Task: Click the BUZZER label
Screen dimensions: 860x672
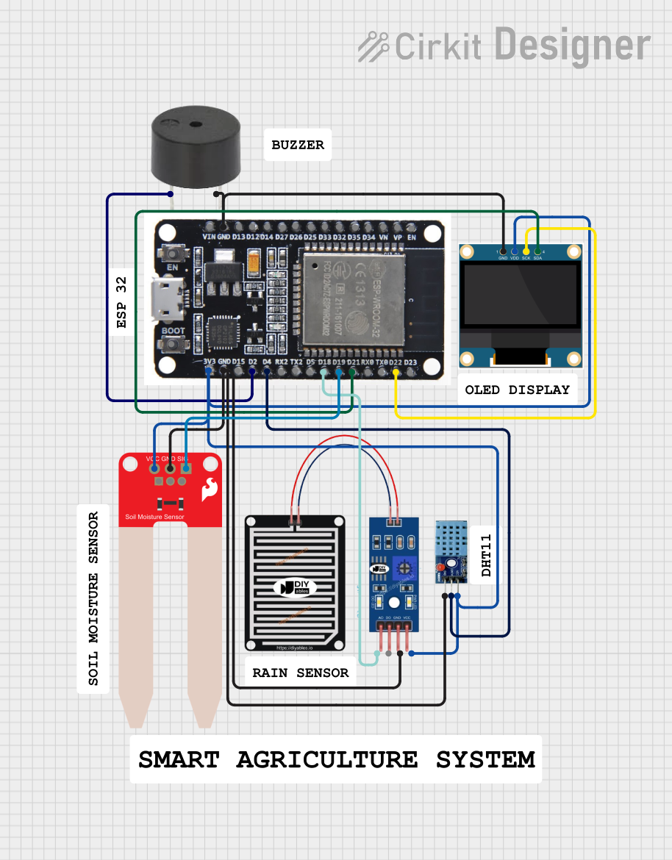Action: pyautogui.click(x=298, y=145)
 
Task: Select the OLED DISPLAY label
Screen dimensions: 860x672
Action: pyautogui.click(x=517, y=390)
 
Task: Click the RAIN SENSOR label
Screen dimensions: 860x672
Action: pyautogui.click(x=300, y=673)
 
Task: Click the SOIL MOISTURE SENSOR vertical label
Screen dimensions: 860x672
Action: pyautogui.click(x=93, y=598)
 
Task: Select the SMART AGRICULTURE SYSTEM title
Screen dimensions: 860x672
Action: pyautogui.click(x=336, y=759)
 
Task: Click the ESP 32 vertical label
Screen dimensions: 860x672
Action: pyautogui.click(x=122, y=302)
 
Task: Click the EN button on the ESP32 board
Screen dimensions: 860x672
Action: pyautogui.click(x=174, y=253)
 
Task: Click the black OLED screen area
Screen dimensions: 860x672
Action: pyautogui.click(x=521, y=295)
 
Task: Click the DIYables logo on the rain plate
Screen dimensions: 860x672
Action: pyautogui.click(x=295, y=587)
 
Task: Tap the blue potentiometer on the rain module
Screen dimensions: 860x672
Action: pyautogui.click(x=402, y=567)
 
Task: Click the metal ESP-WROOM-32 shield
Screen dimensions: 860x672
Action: pyautogui.click(x=351, y=297)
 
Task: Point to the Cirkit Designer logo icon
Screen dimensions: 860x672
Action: pyautogui.click(x=373, y=46)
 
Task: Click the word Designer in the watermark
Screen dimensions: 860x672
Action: pyautogui.click(x=572, y=46)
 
